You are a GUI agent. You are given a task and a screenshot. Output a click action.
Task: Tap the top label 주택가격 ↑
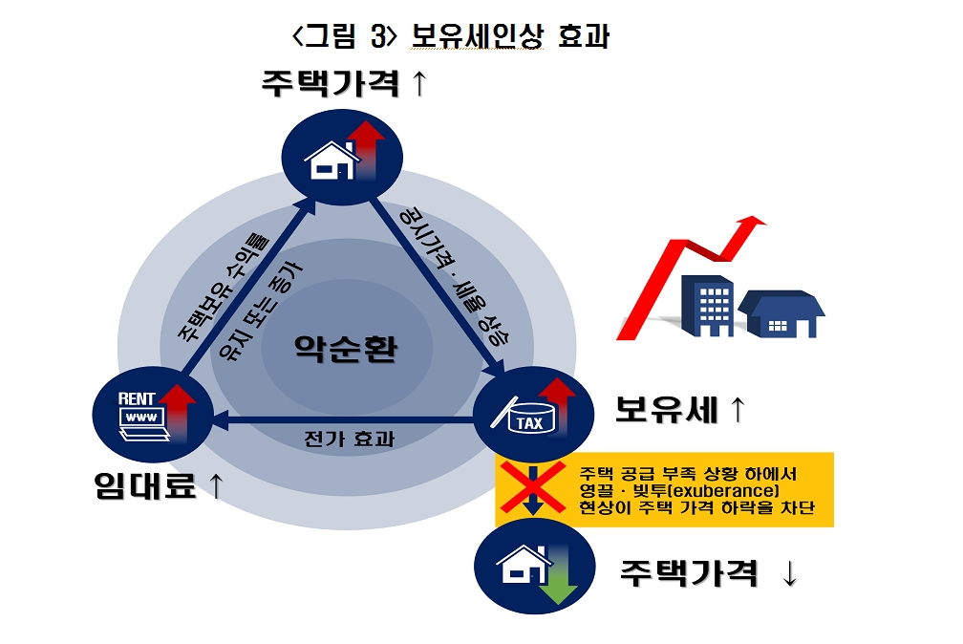click(x=344, y=83)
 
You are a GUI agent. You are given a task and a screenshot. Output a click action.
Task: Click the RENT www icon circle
click(x=143, y=414)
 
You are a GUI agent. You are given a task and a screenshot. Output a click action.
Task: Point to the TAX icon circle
click(x=526, y=410)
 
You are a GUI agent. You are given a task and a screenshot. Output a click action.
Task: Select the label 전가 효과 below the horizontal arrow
click(x=348, y=440)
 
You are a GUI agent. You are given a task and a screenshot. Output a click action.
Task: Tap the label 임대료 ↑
click(x=159, y=486)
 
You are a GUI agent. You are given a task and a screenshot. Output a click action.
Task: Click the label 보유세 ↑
click(x=679, y=411)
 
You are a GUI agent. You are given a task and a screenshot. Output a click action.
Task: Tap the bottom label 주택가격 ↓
click(x=708, y=573)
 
